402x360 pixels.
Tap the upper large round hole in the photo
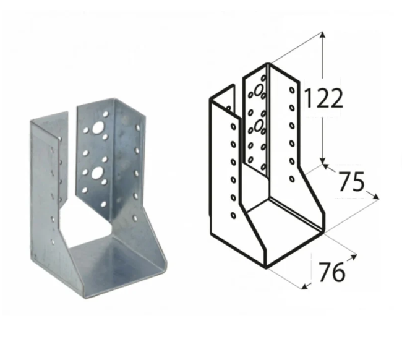pyautogui.click(x=98, y=129)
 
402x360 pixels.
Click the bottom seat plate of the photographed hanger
pyautogui.click(x=118, y=263)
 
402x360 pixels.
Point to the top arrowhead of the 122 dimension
pyautogui.click(x=322, y=33)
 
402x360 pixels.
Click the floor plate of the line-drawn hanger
pyautogui.click(x=281, y=232)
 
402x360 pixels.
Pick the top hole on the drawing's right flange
pyautogui.click(x=291, y=91)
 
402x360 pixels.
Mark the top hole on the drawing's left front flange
pyautogui.click(x=233, y=126)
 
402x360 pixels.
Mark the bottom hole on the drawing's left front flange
pyautogui.click(x=233, y=215)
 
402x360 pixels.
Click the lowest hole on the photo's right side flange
pyautogui.click(x=134, y=218)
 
